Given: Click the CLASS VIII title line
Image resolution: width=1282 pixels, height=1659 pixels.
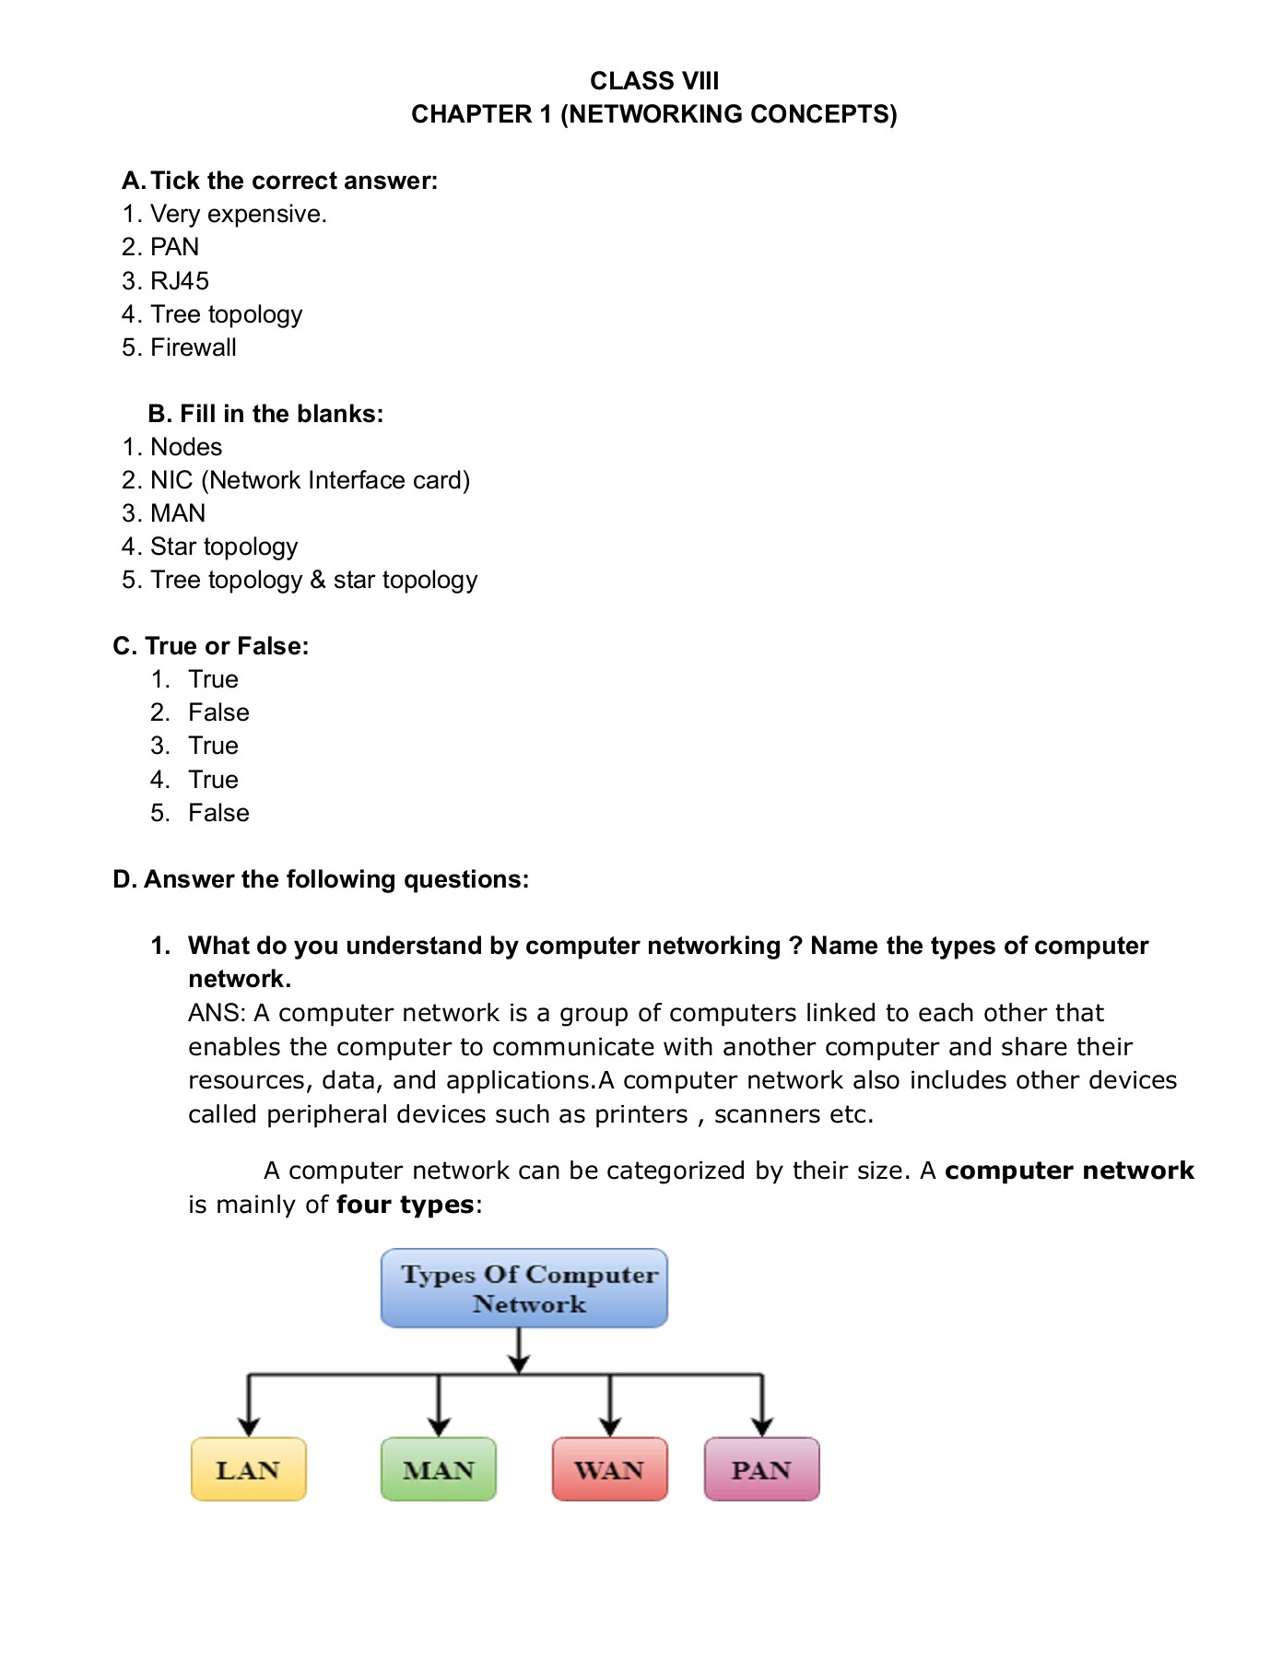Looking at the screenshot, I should (653, 81).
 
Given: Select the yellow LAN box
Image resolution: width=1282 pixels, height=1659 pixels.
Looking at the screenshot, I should (248, 1469).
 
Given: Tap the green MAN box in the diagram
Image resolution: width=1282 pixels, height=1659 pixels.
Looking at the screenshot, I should (438, 1469).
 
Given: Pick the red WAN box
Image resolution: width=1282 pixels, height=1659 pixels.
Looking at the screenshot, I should (609, 1469).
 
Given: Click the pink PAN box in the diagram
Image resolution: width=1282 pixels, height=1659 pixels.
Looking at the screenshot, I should (761, 1469).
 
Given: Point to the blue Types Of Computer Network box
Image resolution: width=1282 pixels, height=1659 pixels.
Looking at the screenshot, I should (523, 1288).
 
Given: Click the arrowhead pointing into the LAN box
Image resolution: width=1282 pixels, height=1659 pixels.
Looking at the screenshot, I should (248, 1427).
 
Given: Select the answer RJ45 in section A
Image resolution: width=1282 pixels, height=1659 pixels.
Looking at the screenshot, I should (180, 281).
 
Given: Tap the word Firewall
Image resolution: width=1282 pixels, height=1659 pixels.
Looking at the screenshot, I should (194, 347).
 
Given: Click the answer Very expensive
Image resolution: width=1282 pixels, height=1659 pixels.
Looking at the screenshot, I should (238, 214).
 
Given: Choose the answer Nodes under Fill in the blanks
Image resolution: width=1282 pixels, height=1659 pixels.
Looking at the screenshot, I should (186, 447).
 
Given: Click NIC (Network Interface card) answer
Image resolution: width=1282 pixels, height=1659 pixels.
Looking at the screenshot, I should (310, 480).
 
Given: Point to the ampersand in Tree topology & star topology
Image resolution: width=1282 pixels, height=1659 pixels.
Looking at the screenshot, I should (318, 580).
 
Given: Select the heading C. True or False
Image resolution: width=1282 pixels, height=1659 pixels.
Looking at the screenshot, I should (210, 646).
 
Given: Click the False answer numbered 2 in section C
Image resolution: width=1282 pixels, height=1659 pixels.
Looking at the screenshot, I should (218, 712).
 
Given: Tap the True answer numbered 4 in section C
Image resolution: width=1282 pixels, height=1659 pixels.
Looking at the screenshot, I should (213, 780).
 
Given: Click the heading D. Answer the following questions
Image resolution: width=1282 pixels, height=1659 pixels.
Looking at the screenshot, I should (321, 879).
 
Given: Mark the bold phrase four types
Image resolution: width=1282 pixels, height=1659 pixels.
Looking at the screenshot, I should (405, 1205).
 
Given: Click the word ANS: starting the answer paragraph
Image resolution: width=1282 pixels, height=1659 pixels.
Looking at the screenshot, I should (217, 1013).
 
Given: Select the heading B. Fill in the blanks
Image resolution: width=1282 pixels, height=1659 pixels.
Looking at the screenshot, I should (265, 414).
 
